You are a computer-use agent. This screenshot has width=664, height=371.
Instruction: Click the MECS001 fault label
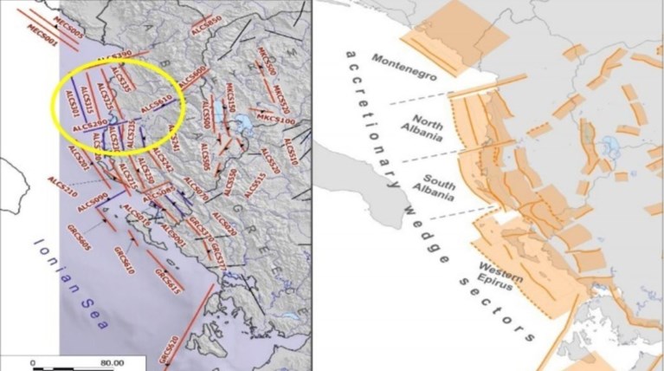[42, 33]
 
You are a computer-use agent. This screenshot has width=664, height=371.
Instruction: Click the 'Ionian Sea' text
[69, 285]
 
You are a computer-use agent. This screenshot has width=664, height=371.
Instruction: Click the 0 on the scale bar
[32, 363]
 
